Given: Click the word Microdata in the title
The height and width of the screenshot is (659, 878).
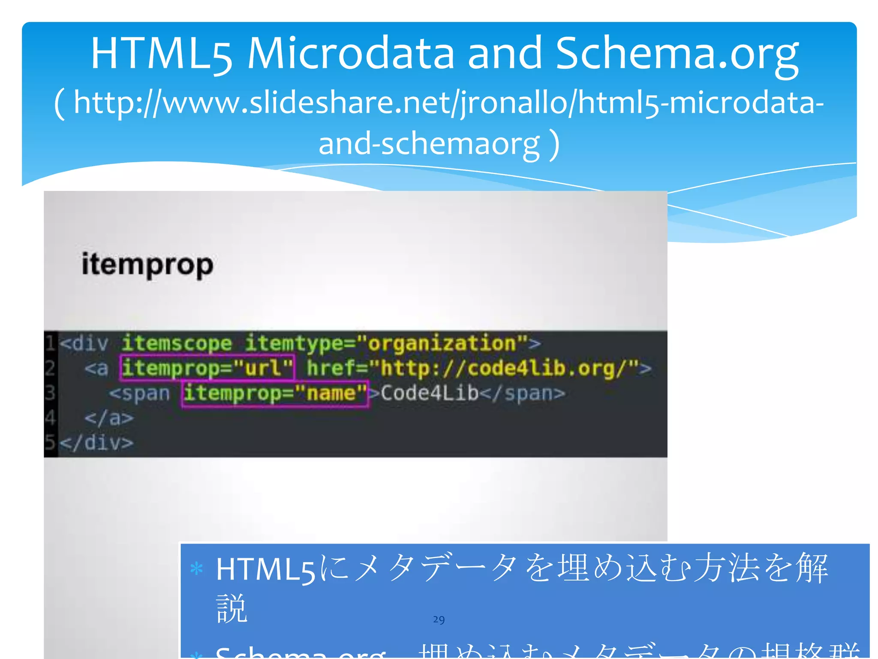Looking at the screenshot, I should click(x=350, y=53).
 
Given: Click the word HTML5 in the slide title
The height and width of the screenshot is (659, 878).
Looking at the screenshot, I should click(x=162, y=54).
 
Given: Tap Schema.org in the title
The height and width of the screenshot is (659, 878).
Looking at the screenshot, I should click(x=677, y=53).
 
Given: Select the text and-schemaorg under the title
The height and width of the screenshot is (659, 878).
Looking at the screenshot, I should click(x=429, y=143).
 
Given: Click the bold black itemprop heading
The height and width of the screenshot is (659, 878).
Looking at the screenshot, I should click(x=147, y=265).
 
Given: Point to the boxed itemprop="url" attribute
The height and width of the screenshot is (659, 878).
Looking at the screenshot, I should click(x=207, y=368).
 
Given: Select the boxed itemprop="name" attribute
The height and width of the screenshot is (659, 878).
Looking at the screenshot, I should click(x=275, y=393).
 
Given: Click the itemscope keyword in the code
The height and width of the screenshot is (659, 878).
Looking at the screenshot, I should click(x=177, y=343).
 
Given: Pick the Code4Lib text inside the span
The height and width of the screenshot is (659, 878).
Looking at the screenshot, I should click(x=429, y=393).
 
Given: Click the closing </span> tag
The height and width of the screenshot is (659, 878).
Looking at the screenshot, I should click(x=523, y=393).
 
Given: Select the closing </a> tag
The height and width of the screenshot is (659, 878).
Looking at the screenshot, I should click(x=109, y=418).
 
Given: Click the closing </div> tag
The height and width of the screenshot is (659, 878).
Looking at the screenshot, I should click(x=97, y=443).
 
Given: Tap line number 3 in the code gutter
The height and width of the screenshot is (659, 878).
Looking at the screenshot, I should click(x=50, y=393).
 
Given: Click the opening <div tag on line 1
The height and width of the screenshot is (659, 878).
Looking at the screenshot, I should click(x=84, y=344).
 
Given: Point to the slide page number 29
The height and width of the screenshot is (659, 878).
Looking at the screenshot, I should click(x=439, y=620).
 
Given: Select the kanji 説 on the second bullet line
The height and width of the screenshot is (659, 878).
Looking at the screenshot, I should click(x=232, y=608).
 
